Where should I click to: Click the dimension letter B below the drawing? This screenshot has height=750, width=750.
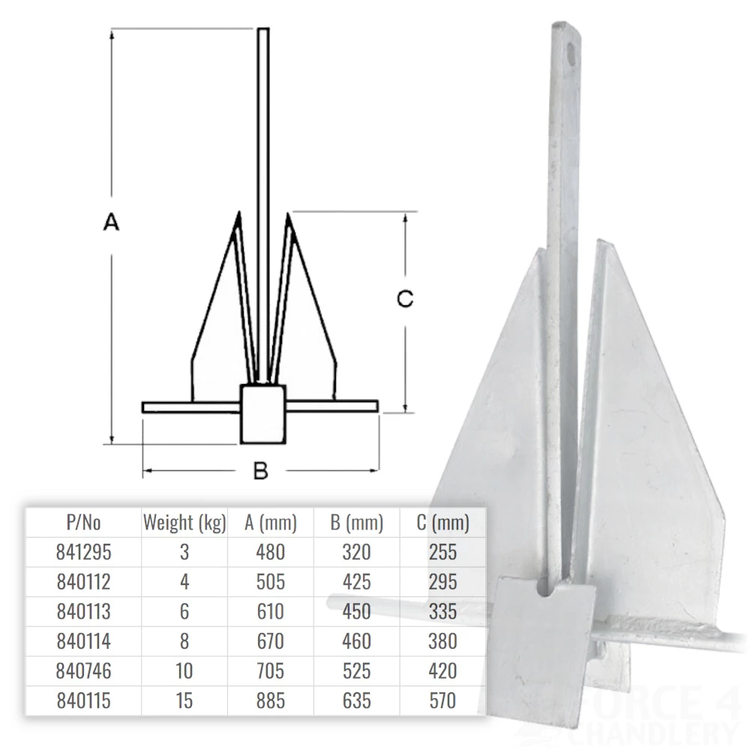coord(260,471)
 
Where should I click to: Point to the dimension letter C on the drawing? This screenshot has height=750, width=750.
coord(405,298)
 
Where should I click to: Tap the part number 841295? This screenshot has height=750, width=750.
coord(83,552)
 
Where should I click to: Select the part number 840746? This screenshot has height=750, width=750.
coord(83,670)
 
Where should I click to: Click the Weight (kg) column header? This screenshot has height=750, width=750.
coord(184,523)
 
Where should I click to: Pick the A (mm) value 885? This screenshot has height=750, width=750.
coord(270,700)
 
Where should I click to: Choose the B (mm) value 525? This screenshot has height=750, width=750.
coord(356,670)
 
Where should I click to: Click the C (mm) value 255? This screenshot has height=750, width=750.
coord(442,552)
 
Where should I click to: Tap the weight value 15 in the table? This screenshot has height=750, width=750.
coord(184,700)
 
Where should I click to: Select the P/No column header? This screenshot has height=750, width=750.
coord(83,523)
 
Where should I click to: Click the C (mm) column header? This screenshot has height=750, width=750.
coord(442,523)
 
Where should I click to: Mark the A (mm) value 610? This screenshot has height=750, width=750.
coord(270,611)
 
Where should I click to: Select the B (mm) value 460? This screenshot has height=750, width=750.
coord(356,641)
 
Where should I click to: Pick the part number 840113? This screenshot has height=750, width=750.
coord(83,611)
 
